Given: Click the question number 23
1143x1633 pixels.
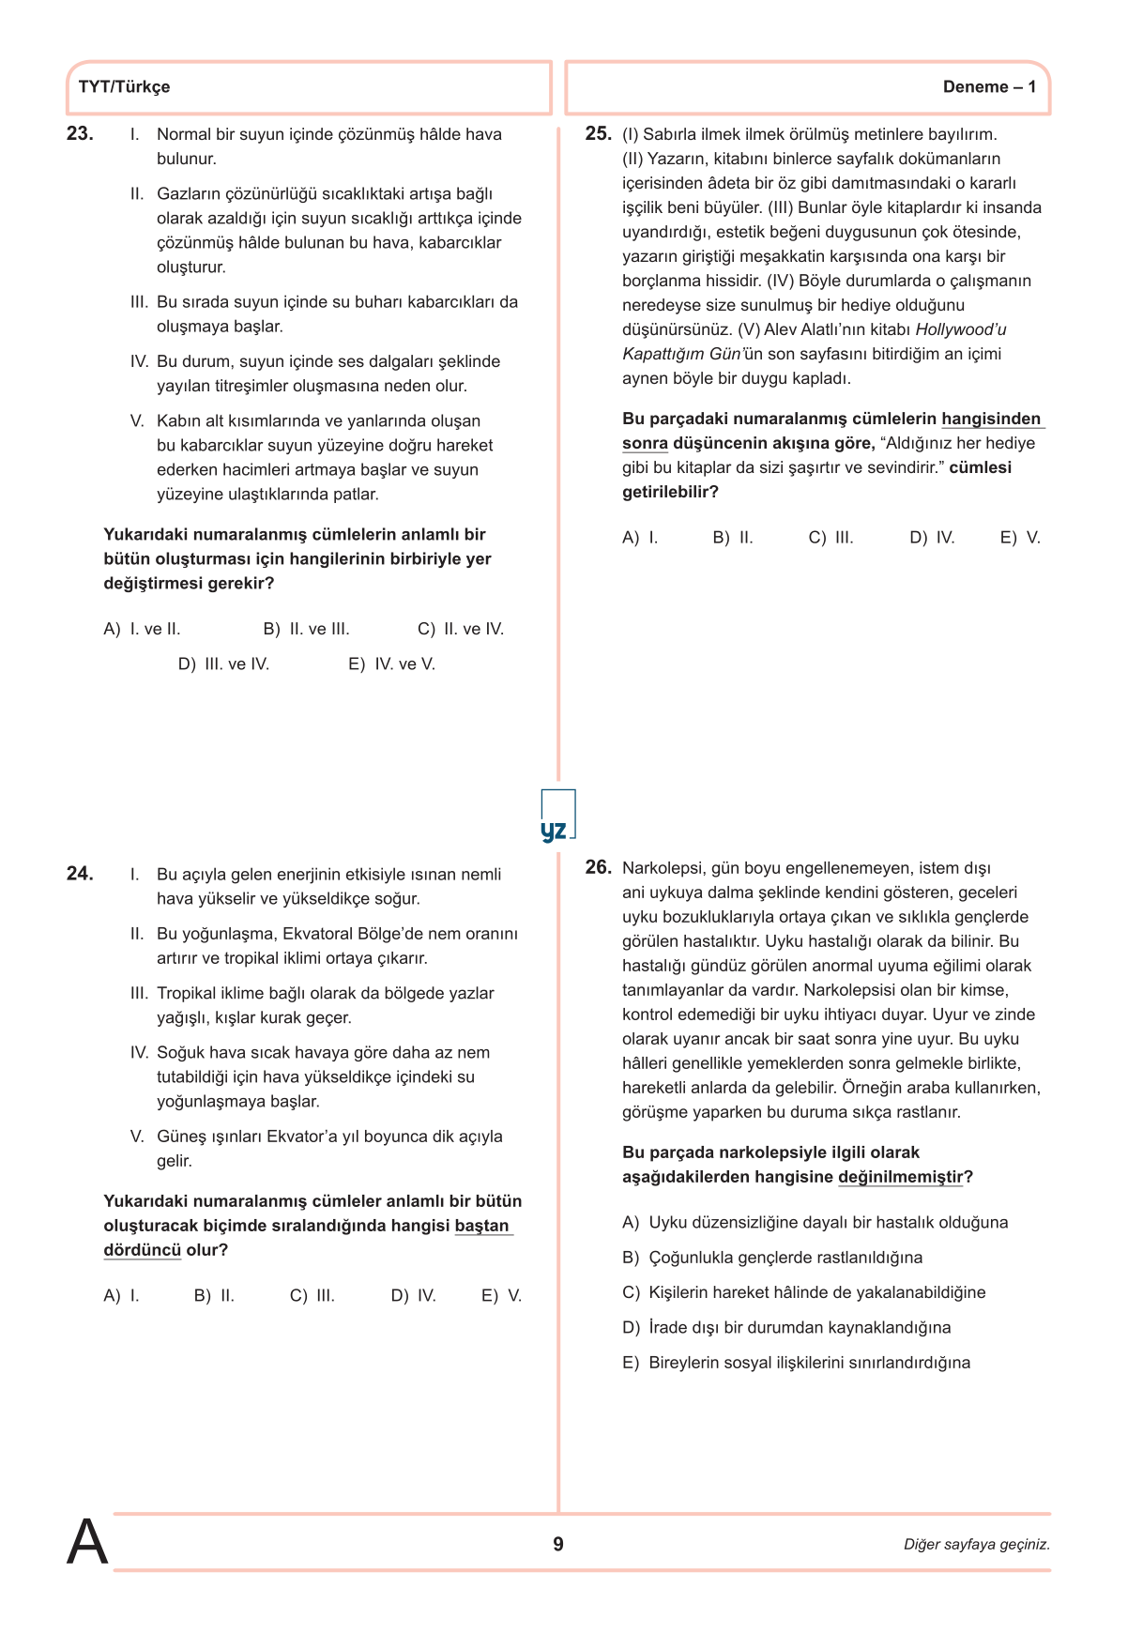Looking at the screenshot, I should [80, 133].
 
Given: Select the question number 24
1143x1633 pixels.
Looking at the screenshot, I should [80, 874].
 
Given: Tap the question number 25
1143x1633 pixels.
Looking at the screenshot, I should [598, 133].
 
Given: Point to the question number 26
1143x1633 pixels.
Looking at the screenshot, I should [598, 867].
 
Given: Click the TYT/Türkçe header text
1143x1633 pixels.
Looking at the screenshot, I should [124, 87].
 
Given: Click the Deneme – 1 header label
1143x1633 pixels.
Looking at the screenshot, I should [989, 87].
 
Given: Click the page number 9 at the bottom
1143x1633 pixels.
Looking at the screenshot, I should [558, 1544].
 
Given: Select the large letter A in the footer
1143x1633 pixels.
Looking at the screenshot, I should [87, 1542].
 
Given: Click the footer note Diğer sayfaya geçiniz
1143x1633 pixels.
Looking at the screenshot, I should [976, 1545].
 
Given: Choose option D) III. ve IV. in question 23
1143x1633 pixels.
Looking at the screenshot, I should [223, 664].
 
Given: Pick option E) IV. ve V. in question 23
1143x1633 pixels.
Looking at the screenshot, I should [391, 664].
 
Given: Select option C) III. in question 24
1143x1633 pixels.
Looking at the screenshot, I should [312, 1296].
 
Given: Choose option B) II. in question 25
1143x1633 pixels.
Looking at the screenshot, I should [733, 538].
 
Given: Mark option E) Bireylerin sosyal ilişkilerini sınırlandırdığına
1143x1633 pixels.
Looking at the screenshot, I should [796, 1363].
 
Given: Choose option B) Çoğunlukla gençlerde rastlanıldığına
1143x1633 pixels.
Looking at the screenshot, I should [772, 1258].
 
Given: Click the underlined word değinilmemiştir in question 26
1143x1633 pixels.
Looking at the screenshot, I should [900, 1177].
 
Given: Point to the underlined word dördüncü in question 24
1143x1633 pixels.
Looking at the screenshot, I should [142, 1250].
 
